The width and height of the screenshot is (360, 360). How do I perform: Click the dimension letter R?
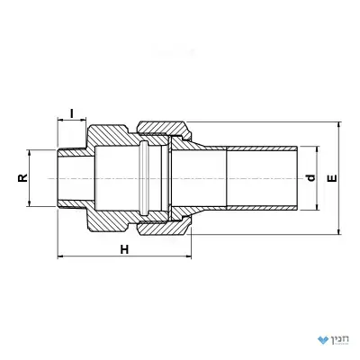(x=22, y=177)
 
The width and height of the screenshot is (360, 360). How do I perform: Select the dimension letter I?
(x=72, y=113)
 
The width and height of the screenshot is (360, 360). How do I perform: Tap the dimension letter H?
(x=124, y=249)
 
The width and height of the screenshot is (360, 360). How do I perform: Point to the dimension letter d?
(x=312, y=178)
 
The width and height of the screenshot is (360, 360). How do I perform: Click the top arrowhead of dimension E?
(x=339, y=125)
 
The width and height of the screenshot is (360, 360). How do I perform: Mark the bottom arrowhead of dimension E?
(x=339, y=231)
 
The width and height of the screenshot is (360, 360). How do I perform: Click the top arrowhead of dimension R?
(x=29, y=153)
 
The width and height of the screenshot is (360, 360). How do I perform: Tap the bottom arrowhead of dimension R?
(x=29, y=203)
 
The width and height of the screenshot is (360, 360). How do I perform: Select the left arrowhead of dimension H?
(x=60, y=256)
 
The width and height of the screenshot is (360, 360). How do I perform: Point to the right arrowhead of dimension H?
(x=188, y=256)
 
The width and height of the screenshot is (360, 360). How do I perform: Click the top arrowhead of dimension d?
(x=317, y=149)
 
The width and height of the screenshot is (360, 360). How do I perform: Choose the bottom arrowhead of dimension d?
(x=317, y=207)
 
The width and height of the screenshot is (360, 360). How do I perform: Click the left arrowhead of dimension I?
(x=60, y=121)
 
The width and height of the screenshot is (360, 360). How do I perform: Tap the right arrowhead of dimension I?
(x=83, y=121)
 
